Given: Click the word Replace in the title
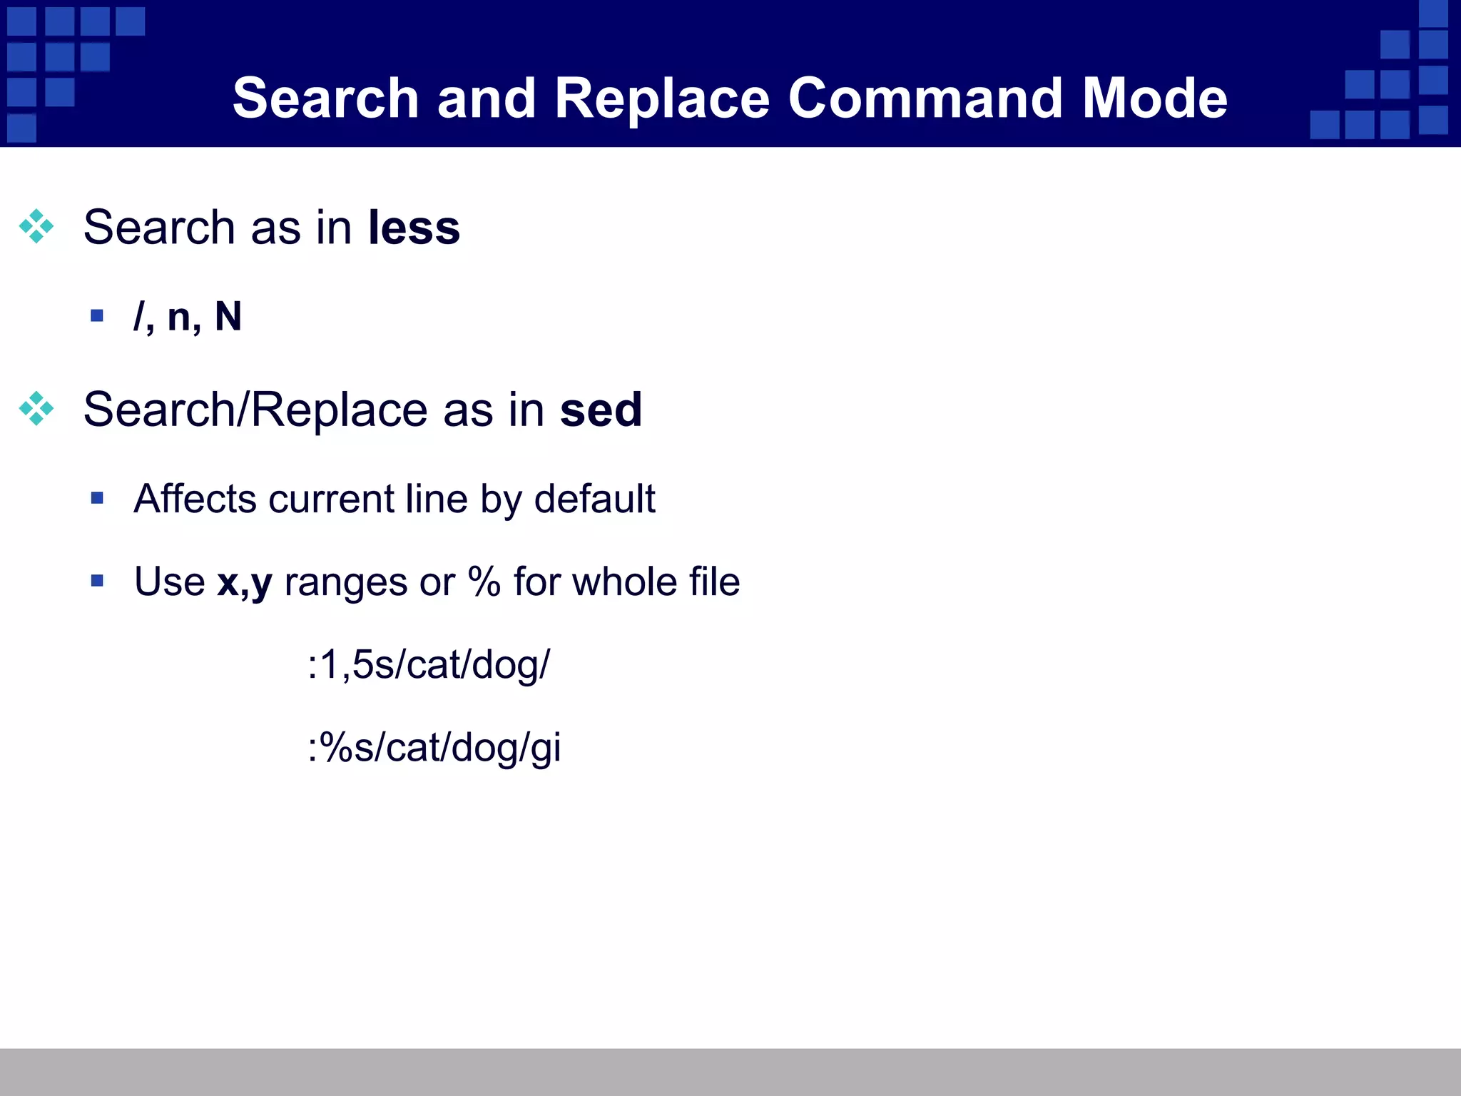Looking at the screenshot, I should (662, 98).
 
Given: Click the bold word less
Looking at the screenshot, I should (414, 228).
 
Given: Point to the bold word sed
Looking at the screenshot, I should (601, 410).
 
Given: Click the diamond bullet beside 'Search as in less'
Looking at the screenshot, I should (36, 227).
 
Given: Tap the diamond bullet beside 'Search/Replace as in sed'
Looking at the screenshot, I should (36, 409).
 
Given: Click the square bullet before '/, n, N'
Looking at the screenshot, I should (97, 315).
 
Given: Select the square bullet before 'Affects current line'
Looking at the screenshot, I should (97, 498).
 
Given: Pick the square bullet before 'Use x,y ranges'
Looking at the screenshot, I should (97, 581).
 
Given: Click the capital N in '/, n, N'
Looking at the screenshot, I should (228, 317).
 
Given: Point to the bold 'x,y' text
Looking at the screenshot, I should (245, 582).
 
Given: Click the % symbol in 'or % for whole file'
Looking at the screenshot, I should (484, 582).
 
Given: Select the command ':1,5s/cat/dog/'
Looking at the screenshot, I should (429, 665).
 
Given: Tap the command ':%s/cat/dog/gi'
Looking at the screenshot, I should (434, 749).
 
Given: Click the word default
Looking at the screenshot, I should (594, 499).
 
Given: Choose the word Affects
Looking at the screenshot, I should (194, 499).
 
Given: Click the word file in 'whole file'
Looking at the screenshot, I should (714, 582).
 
